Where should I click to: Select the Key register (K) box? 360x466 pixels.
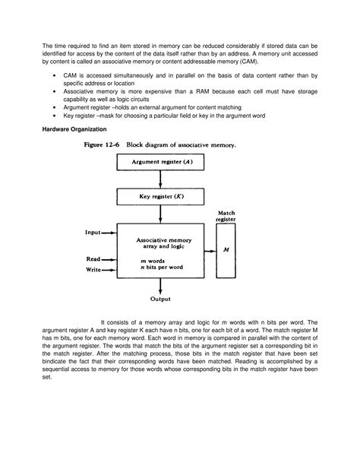[160, 197]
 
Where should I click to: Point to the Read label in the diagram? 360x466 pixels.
[93, 259]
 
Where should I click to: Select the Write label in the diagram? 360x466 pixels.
[93, 269]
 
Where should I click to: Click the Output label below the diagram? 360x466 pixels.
[160, 300]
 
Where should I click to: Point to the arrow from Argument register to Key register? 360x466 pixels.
[160, 180]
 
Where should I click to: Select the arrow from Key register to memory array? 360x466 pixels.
[160, 214]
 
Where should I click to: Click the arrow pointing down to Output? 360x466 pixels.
[160, 285]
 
